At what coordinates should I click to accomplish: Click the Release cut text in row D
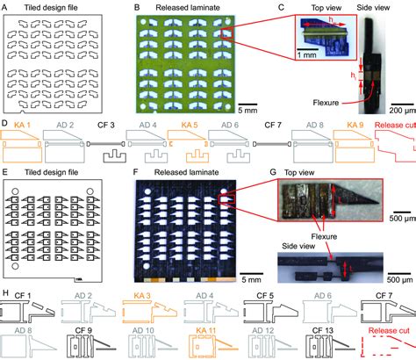393,126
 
